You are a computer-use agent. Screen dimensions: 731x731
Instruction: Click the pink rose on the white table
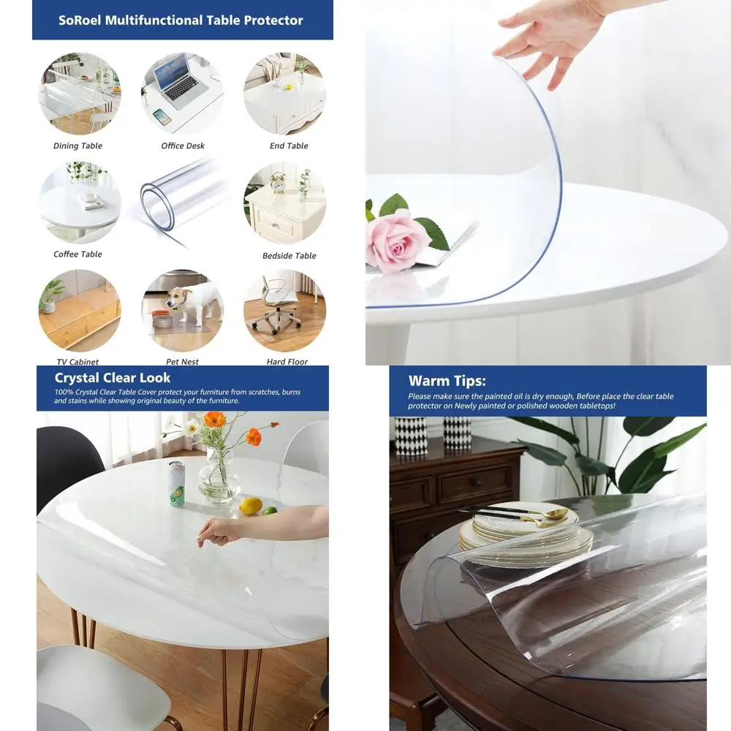(x=396, y=244)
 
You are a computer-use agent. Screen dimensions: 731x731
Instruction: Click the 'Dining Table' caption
(x=78, y=146)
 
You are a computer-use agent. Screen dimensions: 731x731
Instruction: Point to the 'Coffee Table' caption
(x=78, y=254)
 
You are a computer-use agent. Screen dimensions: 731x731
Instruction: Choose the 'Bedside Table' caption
(x=289, y=256)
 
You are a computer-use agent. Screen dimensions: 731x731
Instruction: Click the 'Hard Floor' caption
(x=287, y=362)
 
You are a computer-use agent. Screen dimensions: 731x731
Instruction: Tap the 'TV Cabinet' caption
(x=77, y=362)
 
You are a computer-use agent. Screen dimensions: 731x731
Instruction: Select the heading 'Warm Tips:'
(x=447, y=381)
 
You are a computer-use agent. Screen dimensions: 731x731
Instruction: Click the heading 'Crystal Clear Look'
(x=113, y=378)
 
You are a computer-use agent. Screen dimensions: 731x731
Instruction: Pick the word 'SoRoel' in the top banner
(x=81, y=20)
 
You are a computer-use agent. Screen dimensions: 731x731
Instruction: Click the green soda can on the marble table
(x=177, y=483)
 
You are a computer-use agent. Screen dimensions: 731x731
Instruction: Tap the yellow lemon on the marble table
(x=251, y=505)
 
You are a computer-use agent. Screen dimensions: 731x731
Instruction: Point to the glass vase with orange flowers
(x=218, y=475)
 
